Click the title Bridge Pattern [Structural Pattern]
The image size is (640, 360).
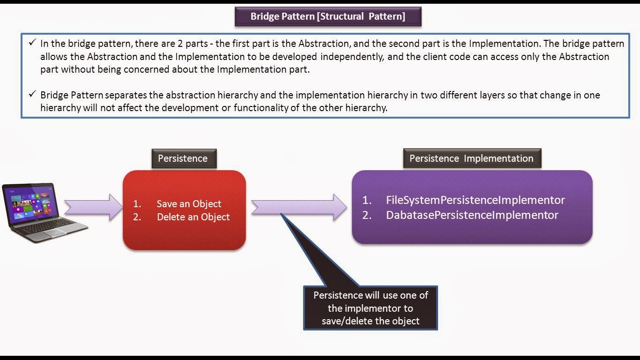pos(327,16)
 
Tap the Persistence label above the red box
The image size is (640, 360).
pos(183,158)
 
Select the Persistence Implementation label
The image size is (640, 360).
pos(471,158)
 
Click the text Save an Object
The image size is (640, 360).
pos(189,204)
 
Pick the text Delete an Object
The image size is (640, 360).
pos(193,217)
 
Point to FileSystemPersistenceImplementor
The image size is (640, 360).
pos(475,200)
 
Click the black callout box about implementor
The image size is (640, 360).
pos(370,308)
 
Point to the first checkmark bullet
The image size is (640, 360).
pos(32,43)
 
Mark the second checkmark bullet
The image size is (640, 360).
pos(32,95)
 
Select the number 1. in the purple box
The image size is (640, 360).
pos(367,200)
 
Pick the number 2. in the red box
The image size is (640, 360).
pos(137,217)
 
